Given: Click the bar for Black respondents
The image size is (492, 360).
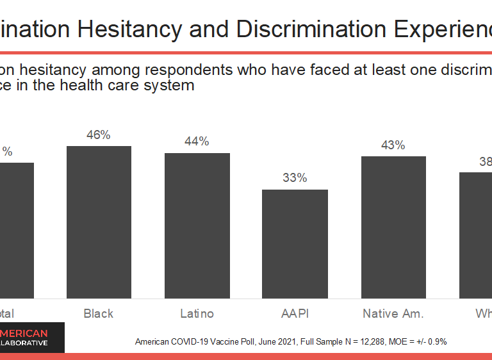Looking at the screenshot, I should (x=99, y=222).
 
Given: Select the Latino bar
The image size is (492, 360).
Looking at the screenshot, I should (x=197, y=225).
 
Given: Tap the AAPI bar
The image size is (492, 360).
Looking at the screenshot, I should (x=295, y=243).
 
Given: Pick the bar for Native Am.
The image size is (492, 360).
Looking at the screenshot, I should (x=393, y=227).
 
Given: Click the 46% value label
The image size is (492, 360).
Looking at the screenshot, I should (x=99, y=135).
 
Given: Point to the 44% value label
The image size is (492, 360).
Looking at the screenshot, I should (x=197, y=142).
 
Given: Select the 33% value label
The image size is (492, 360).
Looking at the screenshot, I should (x=295, y=178).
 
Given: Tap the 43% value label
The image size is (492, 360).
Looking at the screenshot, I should (x=393, y=145).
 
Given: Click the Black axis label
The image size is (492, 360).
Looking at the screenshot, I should (x=99, y=313).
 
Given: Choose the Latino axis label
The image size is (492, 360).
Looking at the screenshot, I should (x=197, y=313).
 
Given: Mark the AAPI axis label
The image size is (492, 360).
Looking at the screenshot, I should (x=295, y=313).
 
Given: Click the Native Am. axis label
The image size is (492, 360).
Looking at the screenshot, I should (x=393, y=313).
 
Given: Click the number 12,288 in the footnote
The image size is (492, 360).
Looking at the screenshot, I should (x=361, y=342).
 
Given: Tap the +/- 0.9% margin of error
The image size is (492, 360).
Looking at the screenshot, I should (x=430, y=342).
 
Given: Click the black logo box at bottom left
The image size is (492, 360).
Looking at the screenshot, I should (x=32, y=337).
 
